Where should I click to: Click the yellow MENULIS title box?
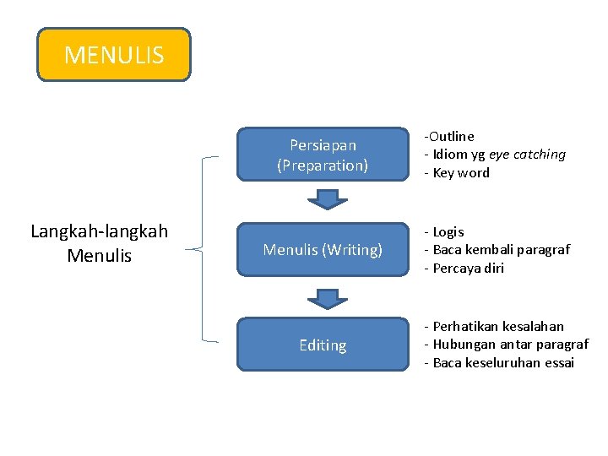pos(114,55)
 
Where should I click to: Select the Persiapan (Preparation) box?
pos(322,155)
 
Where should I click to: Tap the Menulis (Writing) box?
pos(322,250)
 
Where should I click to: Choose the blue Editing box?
pos(322,345)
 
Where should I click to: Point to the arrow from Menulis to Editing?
pos(322,298)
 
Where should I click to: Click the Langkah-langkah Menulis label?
pos(99,243)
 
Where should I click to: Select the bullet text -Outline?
pos(449,136)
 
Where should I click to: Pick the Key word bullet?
pos(461,173)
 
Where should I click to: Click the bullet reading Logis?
pos(448,231)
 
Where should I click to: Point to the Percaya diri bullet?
pos(468,269)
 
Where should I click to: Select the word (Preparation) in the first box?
pos(323,166)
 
